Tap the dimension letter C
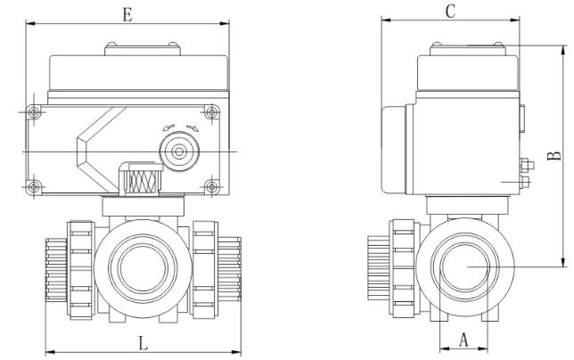click(450, 11)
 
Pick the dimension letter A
click(463, 339)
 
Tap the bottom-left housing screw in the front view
click(33, 185)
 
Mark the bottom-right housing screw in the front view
click(211, 185)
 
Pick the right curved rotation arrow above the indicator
click(193, 127)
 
